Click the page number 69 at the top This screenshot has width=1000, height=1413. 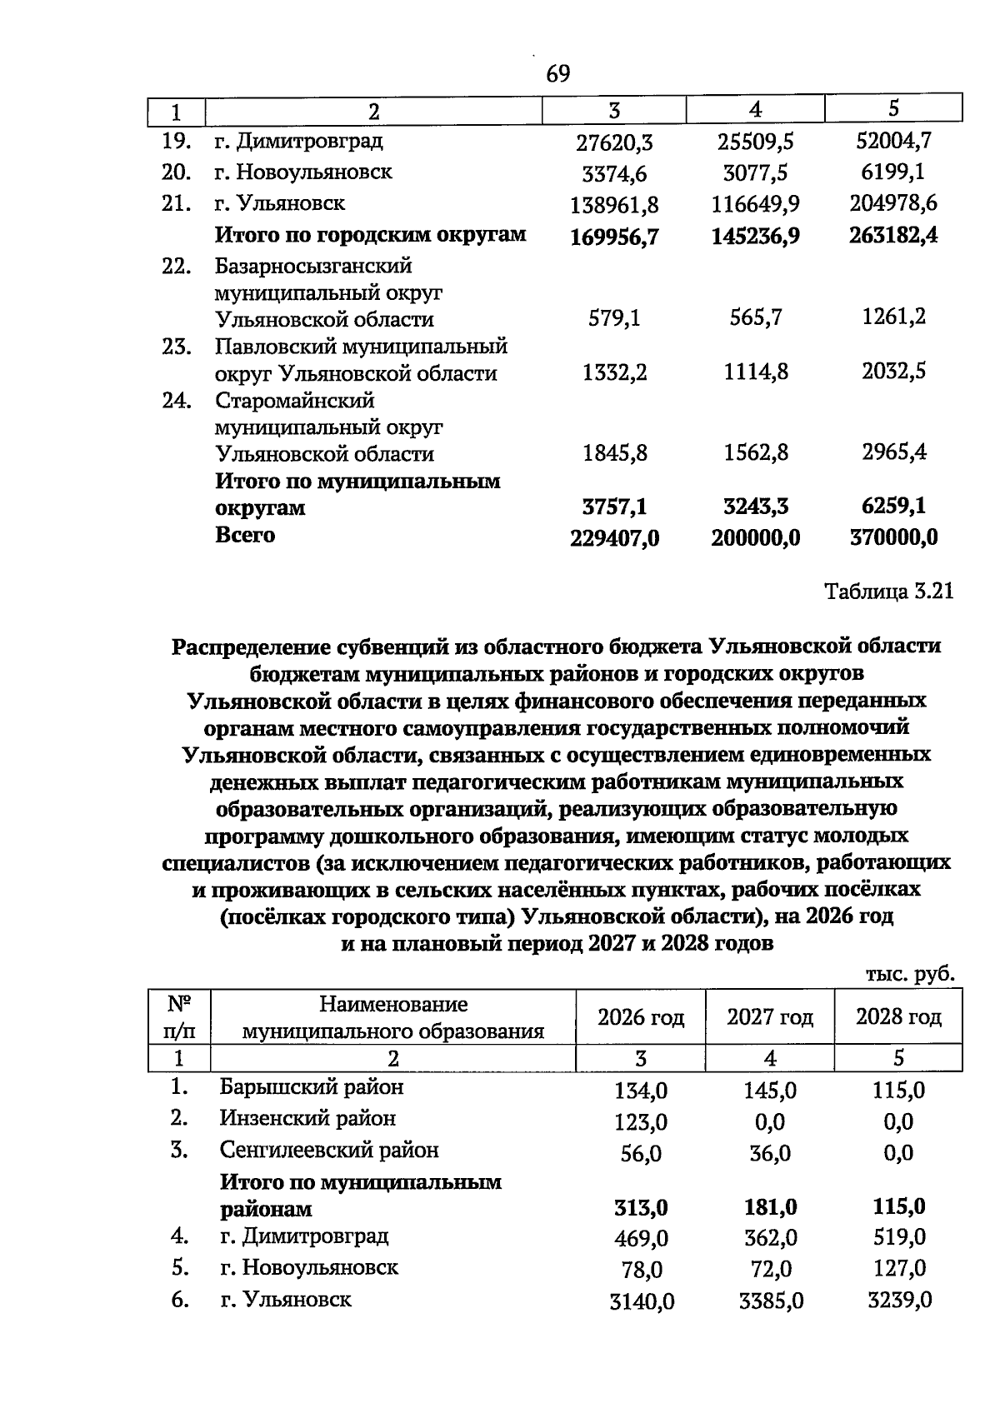557,74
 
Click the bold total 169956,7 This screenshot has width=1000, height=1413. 614,237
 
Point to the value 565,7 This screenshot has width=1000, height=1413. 755,317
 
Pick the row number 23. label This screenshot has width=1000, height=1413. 177,347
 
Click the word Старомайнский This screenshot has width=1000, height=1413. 295,401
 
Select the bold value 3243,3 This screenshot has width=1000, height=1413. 755,507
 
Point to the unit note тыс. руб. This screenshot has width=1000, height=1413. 909,974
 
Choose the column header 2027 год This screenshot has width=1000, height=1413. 769,1017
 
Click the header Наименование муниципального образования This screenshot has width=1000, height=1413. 392,1018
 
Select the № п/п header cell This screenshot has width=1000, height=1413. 180,1017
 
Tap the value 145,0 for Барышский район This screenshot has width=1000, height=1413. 770,1091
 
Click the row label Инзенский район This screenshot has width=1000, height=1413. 307,1119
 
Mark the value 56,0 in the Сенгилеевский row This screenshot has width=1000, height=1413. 641,1154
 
